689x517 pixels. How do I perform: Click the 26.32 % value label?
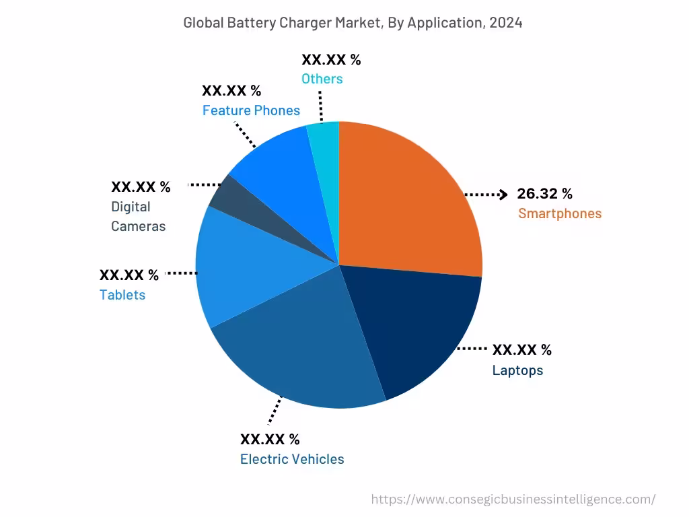544,194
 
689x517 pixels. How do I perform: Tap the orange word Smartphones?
559,213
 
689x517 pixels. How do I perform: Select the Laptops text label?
517,370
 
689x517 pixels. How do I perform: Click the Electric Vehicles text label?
292,459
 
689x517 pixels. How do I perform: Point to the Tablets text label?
122,295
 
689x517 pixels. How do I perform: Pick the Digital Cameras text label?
138,216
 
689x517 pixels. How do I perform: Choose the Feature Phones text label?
251,110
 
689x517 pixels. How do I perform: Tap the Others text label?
322,79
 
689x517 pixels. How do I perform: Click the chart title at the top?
353,22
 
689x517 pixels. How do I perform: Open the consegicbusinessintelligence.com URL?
513,499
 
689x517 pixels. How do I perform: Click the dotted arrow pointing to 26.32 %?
486,195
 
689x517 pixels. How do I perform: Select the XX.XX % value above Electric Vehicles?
270,440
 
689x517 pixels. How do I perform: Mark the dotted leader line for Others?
320,104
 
